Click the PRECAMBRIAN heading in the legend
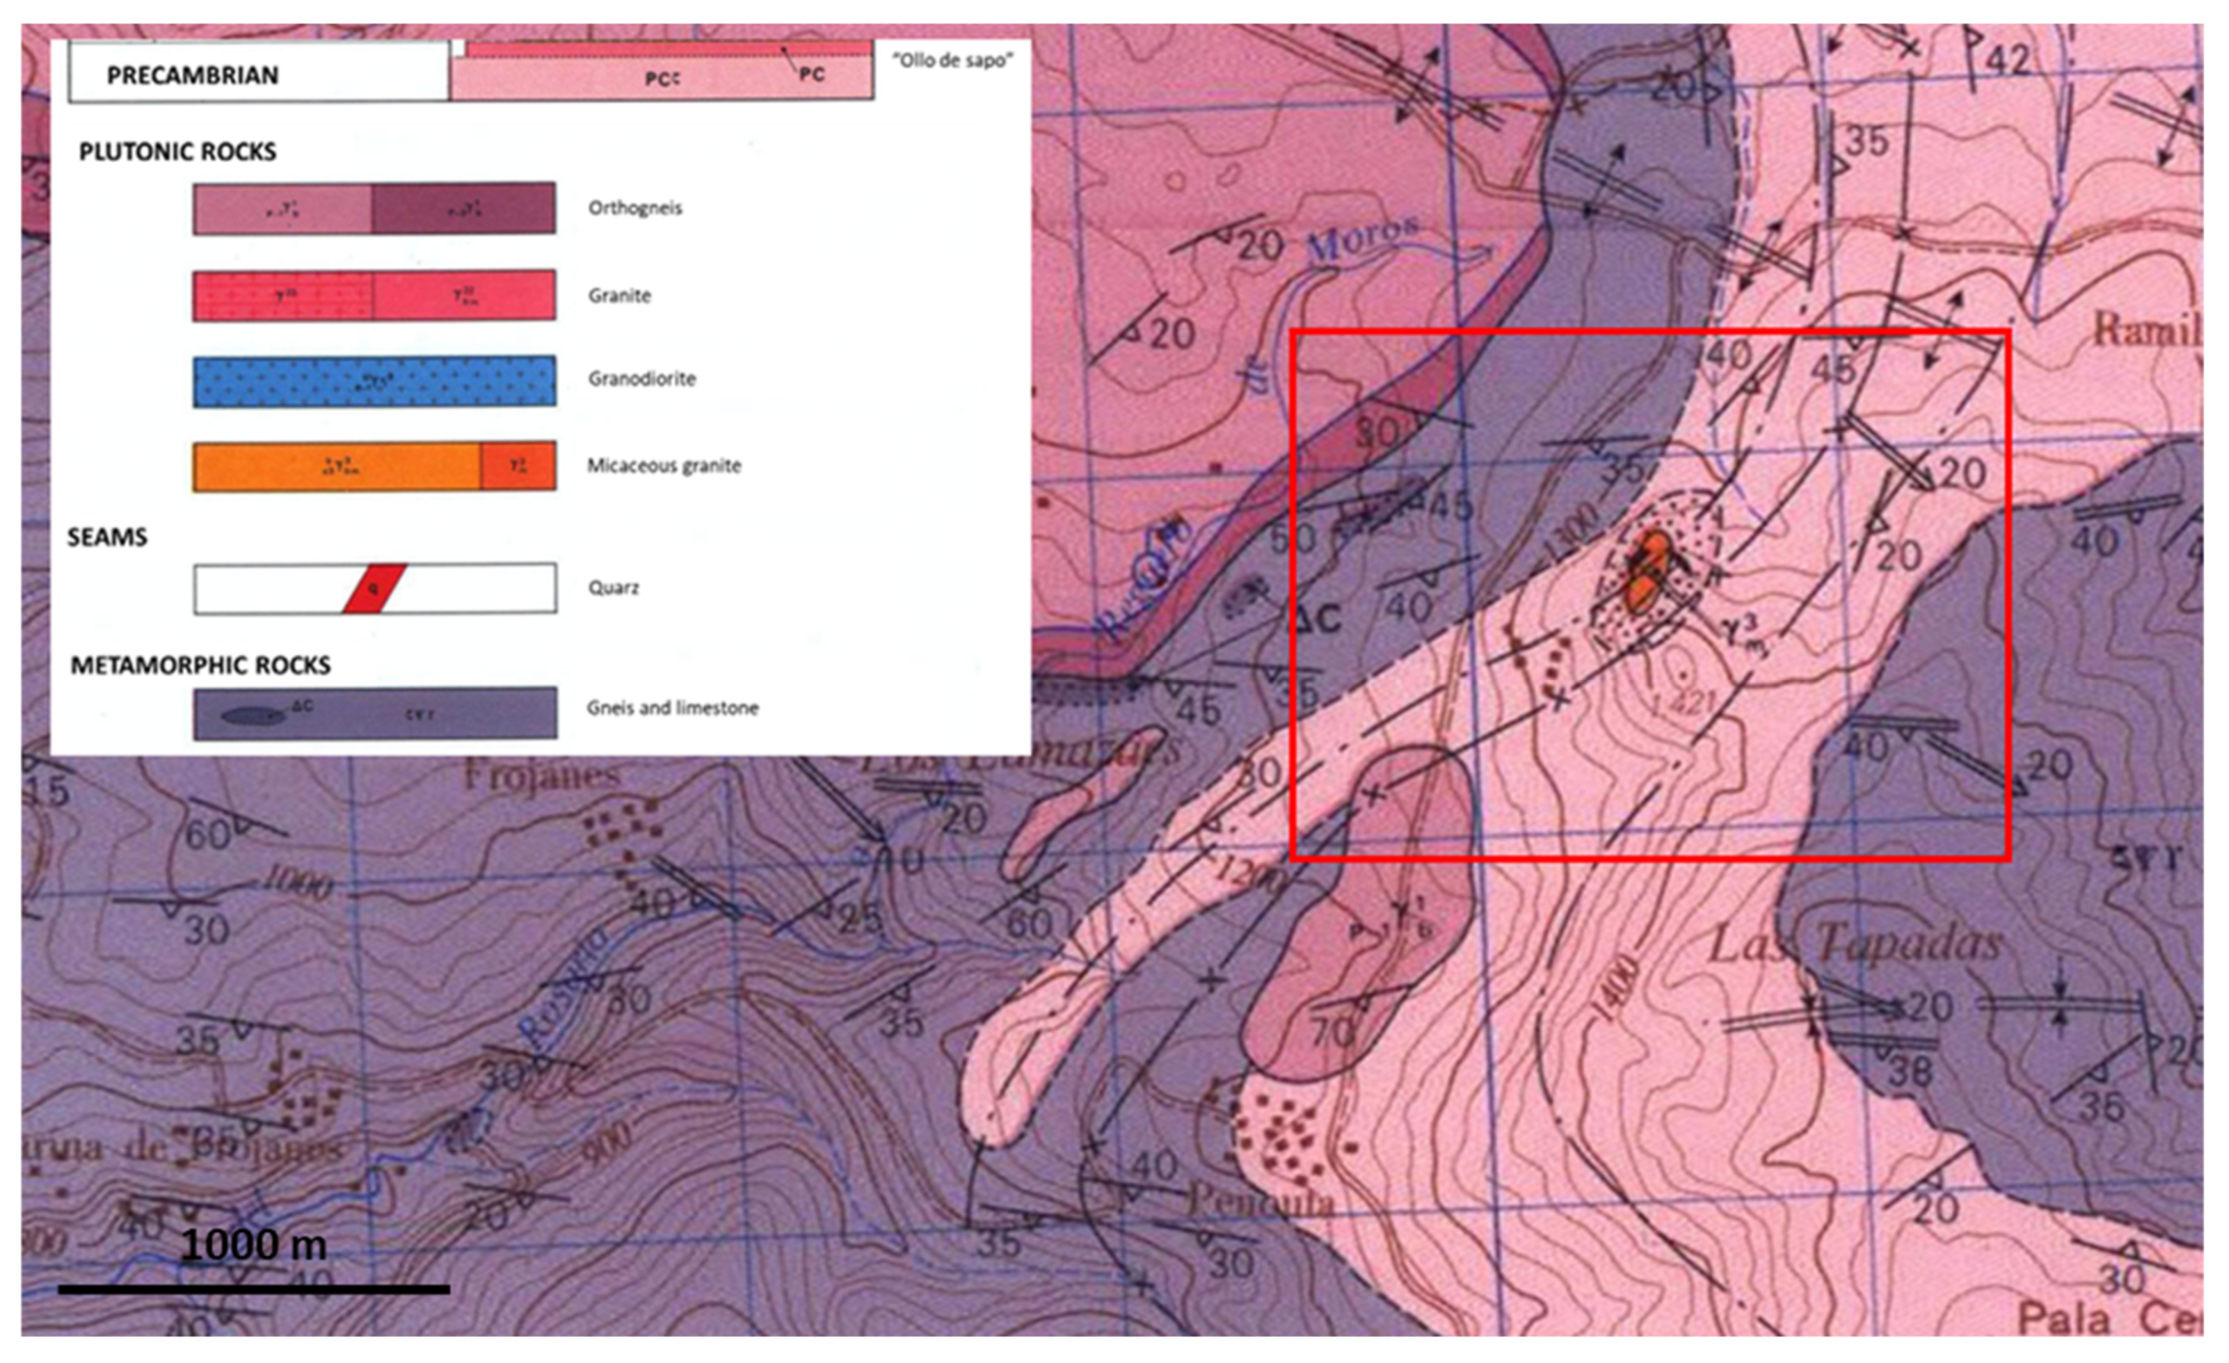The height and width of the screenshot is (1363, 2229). (x=193, y=75)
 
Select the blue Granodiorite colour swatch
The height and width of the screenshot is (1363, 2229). (x=374, y=381)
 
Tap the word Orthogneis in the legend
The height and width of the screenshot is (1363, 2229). (x=635, y=208)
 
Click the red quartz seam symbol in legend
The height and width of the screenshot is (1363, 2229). (x=374, y=589)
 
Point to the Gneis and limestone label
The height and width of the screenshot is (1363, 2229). (x=672, y=708)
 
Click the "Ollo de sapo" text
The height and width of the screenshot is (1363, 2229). (x=952, y=61)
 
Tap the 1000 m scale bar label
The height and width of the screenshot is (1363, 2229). (x=253, y=1245)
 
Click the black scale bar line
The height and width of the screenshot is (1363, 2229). (x=253, y=1289)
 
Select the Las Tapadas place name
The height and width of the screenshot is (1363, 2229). (x=1855, y=945)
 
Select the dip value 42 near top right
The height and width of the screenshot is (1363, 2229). (x=2006, y=61)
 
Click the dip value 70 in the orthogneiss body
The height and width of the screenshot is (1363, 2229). (x=1332, y=1031)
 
